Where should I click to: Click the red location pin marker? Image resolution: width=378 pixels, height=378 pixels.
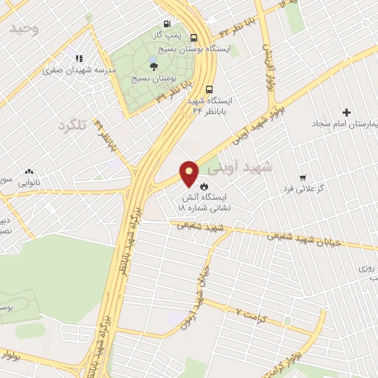[x=190, y=172]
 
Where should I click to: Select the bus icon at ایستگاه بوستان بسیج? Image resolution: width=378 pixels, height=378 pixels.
[x=193, y=38]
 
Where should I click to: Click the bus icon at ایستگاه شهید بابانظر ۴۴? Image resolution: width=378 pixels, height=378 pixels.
[x=210, y=86]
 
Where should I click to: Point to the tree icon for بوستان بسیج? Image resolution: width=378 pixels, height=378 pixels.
[x=154, y=66]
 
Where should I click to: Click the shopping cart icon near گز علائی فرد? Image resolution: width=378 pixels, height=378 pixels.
[x=303, y=177]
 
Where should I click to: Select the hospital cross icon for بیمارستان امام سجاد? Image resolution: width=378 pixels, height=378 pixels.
[x=347, y=112]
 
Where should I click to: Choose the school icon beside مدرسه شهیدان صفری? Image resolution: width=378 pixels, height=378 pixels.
[x=79, y=58]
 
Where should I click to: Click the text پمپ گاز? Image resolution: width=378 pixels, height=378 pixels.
[x=166, y=35]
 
